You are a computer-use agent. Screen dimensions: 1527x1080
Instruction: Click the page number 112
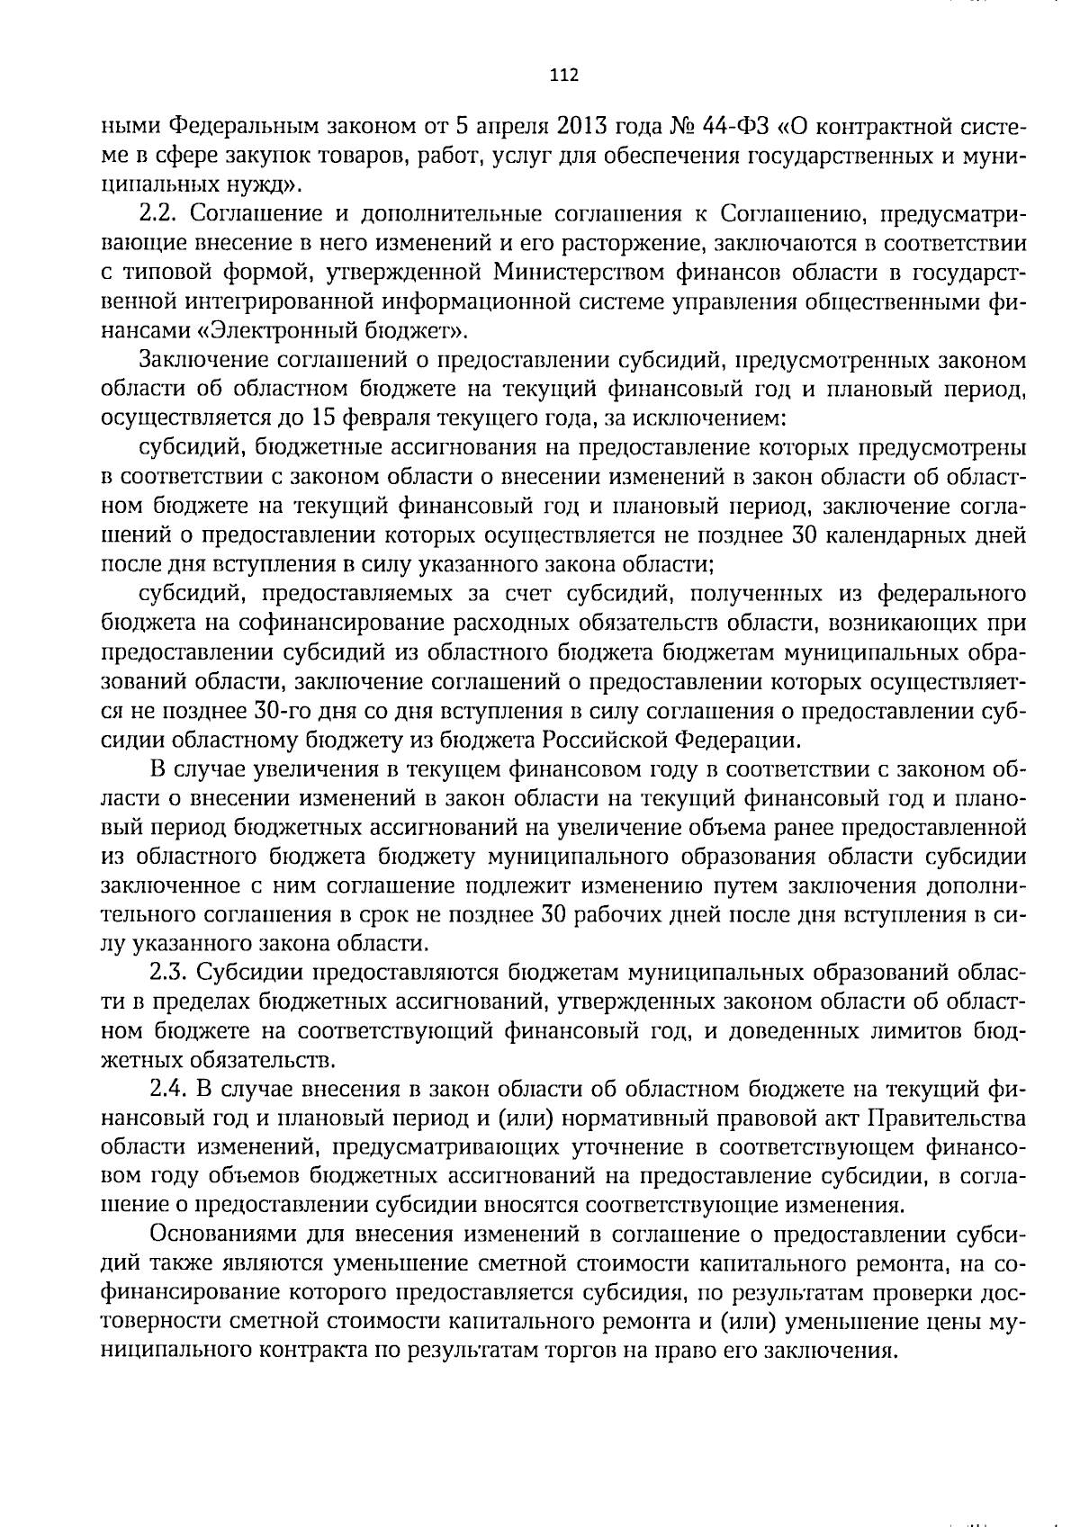coord(563,76)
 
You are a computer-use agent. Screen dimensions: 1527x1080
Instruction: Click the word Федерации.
coord(746,740)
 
